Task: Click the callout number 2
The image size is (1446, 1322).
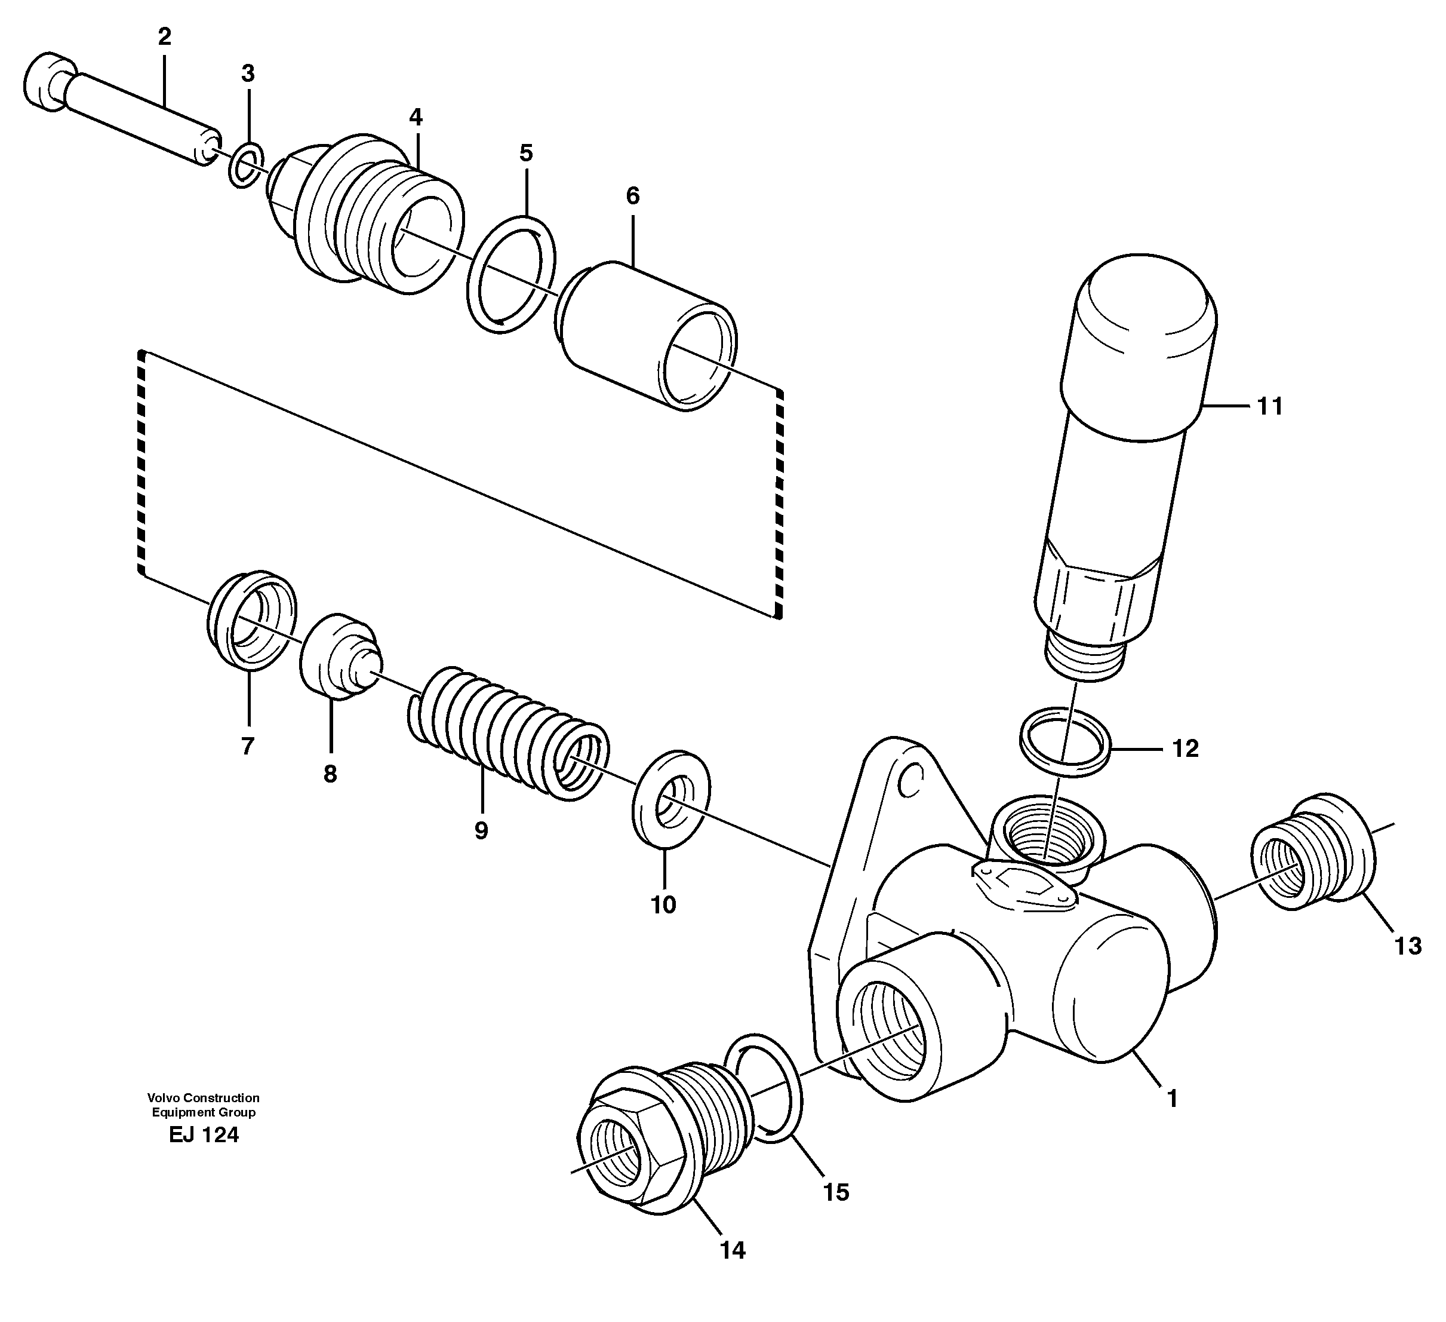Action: (x=164, y=37)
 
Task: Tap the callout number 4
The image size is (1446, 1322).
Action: (x=416, y=116)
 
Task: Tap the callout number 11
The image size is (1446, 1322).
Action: (x=1269, y=407)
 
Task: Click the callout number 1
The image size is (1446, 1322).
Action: (x=1172, y=1099)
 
